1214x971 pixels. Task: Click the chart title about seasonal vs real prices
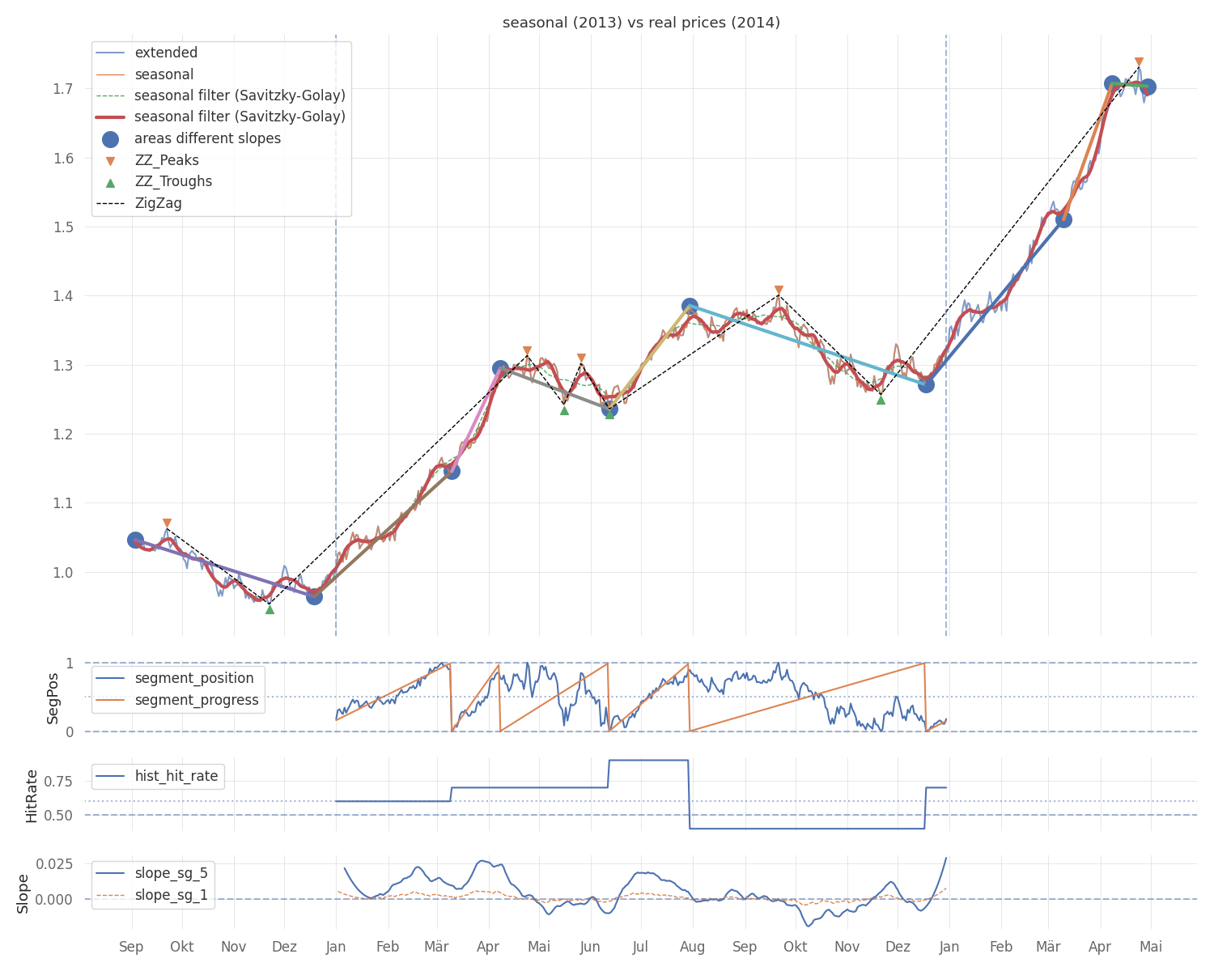pos(641,23)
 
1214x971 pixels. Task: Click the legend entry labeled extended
pos(166,53)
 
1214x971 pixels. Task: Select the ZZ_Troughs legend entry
pos(173,182)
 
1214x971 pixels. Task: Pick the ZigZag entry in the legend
pos(158,203)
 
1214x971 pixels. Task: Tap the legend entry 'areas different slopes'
pos(207,139)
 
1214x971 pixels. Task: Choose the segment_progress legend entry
pos(197,700)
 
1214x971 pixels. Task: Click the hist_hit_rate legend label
pos(176,776)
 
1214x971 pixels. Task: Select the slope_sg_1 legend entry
pos(171,895)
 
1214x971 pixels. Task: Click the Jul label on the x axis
pos(640,947)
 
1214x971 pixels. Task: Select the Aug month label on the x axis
pos(692,947)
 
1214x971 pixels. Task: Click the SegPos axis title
pos(53,698)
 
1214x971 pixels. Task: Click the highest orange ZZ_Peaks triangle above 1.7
pos(1139,62)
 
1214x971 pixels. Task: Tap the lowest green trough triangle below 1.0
pos(270,609)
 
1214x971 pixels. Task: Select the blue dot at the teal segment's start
pos(690,307)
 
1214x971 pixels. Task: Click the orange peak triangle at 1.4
pos(779,290)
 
